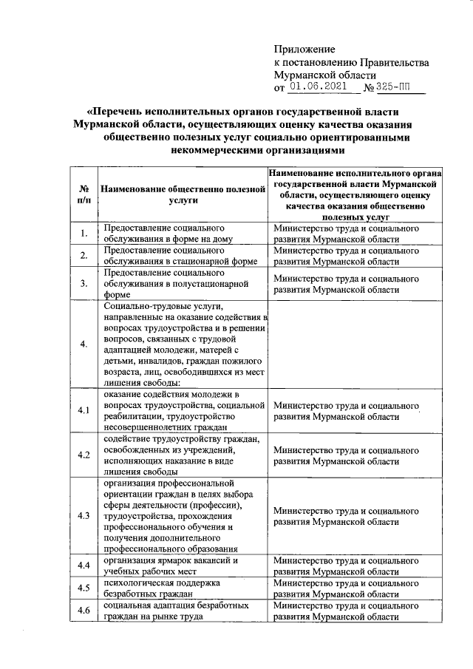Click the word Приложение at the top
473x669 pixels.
coord(304,49)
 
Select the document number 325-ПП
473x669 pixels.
coord(392,87)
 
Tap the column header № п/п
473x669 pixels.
coord(84,194)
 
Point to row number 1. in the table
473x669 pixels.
coord(84,234)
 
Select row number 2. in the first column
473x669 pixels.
coord(84,256)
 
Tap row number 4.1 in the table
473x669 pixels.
coord(84,410)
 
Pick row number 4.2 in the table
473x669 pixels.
coord(84,454)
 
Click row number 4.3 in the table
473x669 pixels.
coord(84,515)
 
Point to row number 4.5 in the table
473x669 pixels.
coord(84,588)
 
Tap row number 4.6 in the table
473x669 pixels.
coord(84,611)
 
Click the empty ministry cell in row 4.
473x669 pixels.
coord(357,343)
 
